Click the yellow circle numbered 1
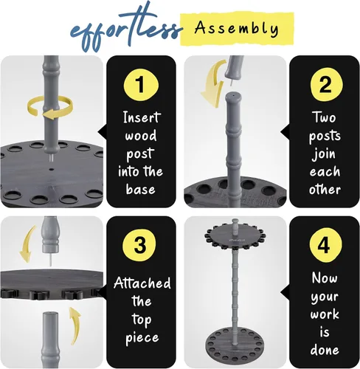coord(141,85)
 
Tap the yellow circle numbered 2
coord(326,85)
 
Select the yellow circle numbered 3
coord(139,245)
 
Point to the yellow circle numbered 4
coord(325,245)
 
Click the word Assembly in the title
coord(237,28)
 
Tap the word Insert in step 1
coord(142,117)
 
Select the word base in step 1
coord(141,190)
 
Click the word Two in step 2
coord(324,117)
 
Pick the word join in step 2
coord(324,154)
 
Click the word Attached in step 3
coord(142,283)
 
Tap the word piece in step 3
coord(142,338)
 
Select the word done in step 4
coord(325,350)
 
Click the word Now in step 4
coord(325,278)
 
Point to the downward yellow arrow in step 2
coord(213,83)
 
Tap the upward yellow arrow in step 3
coord(75,325)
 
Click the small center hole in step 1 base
coord(52,169)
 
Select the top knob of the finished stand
coord(235,224)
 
